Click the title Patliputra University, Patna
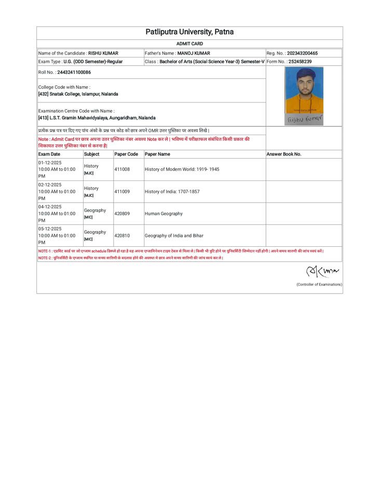189,33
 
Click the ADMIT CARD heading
189,44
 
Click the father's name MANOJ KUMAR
193,53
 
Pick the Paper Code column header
126,154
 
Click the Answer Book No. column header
285,154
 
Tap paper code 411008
122,169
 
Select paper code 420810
122,235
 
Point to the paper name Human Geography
164,214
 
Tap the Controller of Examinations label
319,284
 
